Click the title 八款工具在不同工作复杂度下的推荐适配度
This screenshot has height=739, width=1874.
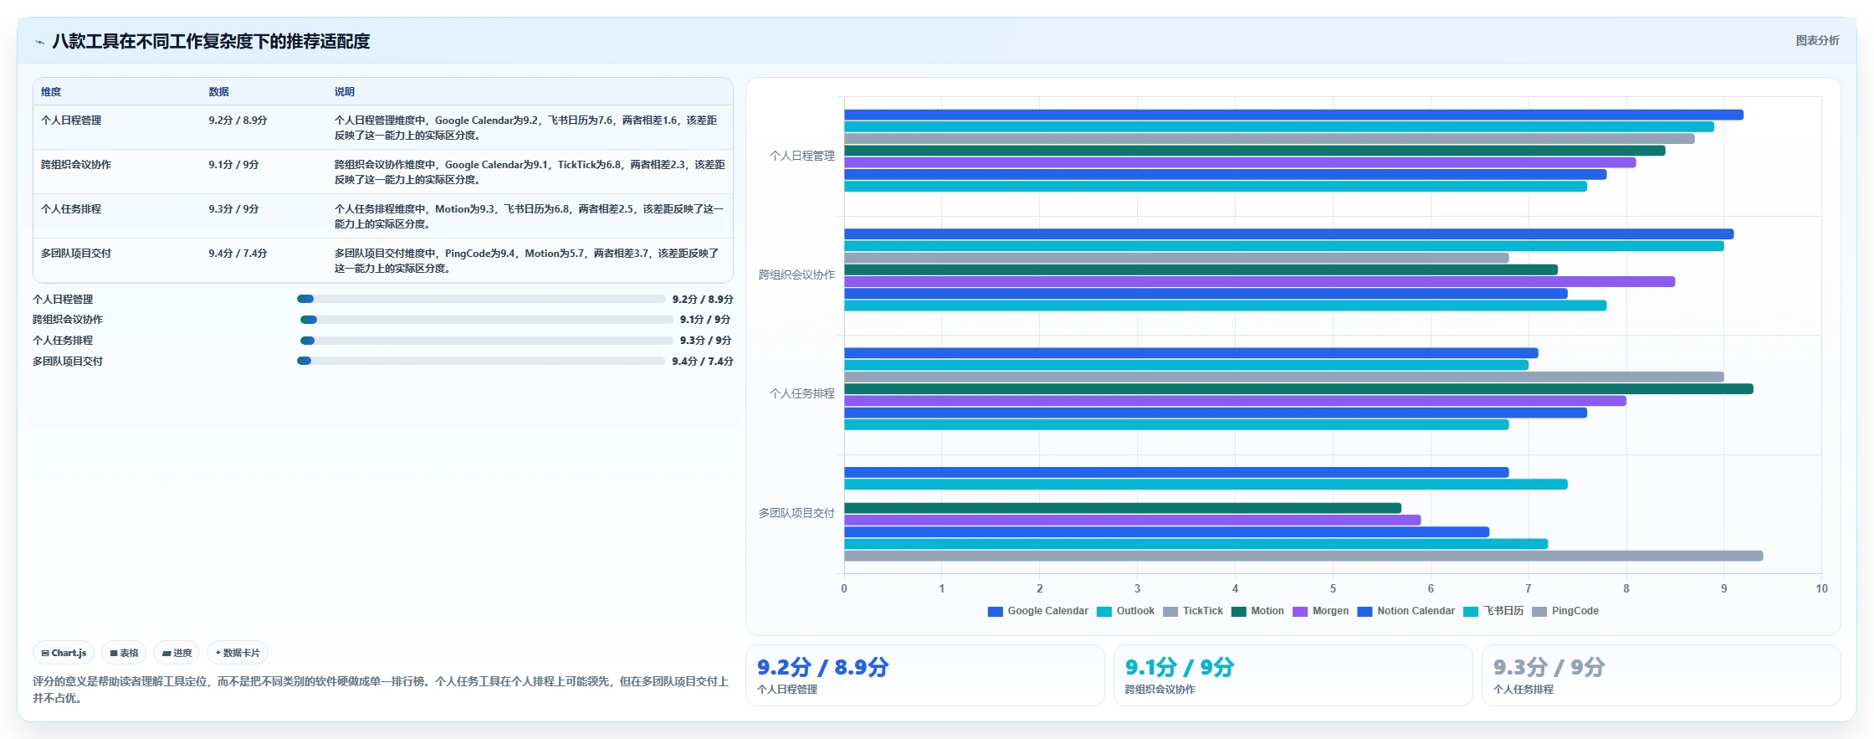pyautogui.click(x=211, y=41)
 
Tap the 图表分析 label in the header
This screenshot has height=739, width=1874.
pyautogui.click(x=1817, y=40)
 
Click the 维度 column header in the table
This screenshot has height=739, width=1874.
pyautogui.click(x=51, y=92)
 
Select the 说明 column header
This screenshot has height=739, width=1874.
pyautogui.click(x=345, y=92)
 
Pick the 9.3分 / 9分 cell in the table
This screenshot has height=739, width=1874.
pyautogui.click(x=233, y=209)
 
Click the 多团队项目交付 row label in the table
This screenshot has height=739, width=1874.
pyautogui.click(x=76, y=254)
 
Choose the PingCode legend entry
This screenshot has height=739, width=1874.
pyautogui.click(x=1565, y=611)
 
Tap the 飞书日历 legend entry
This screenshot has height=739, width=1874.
pyautogui.click(x=1493, y=611)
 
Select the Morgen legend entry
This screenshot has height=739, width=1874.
pyautogui.click(x=1321, y=611)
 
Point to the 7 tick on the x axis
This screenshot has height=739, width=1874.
pyautogui.click(x=1528, y=588)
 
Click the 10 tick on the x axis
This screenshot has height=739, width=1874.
pyautogui.click(x=1821, y=588)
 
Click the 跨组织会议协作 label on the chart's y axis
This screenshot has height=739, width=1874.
pyautogui.click(x=796, y=275)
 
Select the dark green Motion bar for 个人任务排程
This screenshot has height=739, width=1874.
pyautogui.click(x=1298, y=389)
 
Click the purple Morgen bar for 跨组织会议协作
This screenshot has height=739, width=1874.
pyautogui.click(x=1259, y=282)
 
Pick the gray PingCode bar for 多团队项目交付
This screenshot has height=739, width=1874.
pyautogui.click(x=1303, y=556)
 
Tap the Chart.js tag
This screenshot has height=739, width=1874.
pyautogui.click(x=64, y=653)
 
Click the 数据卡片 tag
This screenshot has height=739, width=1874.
pyautogui.click(x=238, y=653)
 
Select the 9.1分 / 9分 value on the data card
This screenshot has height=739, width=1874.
pyautogui.click(x=1180, y=667)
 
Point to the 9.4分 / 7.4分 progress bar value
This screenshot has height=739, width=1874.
pyautogui.click(x=703, y=362)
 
